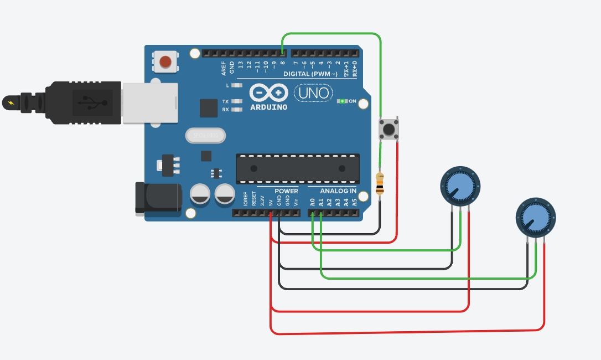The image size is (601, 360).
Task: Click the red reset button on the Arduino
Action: [165, 62]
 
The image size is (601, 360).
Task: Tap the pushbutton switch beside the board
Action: [389, 130]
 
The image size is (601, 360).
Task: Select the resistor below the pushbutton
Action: [380, 184]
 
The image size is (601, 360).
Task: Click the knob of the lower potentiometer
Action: [535, 217]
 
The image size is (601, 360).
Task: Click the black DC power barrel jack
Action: [158, 198]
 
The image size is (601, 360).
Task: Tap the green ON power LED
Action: [343, 101]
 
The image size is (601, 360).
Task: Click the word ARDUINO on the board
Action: [268, 107]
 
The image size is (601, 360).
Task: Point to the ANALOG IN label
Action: [338, 191]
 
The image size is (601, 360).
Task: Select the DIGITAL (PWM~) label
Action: [310, 74]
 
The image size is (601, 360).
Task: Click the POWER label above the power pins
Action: [286, 191]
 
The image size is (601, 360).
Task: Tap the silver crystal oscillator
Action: [205, 135]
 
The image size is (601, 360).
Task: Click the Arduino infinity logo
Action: [268, 92]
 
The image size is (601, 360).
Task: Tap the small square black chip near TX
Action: [209, 108]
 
